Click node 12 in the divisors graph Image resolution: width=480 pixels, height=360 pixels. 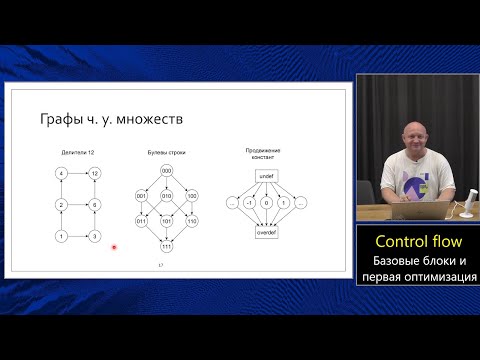[x=94, y=173]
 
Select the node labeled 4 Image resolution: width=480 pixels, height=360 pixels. [x=61, y=173]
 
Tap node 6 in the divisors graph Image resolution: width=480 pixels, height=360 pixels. [x=94, y=204]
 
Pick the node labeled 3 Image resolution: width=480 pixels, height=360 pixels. [x=94, y=236]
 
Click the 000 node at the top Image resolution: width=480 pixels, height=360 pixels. [x=166, y=171]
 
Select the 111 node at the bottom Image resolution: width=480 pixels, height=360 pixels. [x=166, y=246]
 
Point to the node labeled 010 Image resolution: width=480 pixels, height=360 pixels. [x=166, y=196]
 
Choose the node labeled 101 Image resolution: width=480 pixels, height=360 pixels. [x=166, y=221]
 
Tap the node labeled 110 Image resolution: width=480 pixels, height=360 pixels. [x=192, y=221]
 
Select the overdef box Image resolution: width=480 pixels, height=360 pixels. [x=266, y=233]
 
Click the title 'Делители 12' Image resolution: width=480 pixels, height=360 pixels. [x=76, y=152]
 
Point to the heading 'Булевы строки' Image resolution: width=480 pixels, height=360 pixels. [x=166, y=152]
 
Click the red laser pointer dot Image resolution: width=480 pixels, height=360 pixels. [x=114, y=247]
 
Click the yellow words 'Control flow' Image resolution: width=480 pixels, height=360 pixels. [x=417, y=242]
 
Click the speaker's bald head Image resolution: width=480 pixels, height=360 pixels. [x=412, y=132]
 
